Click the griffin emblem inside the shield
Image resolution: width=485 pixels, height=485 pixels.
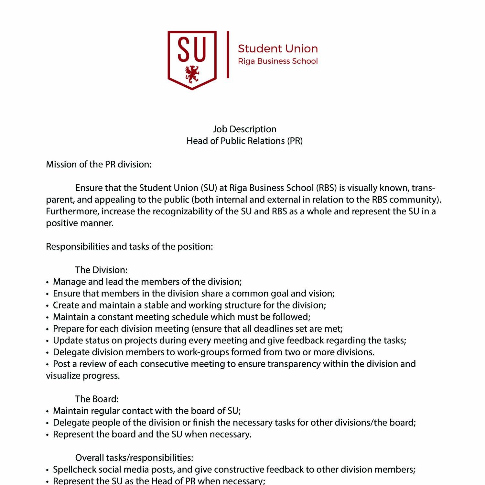click(192, 74)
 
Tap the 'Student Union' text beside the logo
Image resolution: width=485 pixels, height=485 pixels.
click(278, 49)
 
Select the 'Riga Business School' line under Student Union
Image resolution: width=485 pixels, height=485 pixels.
click(278, 61)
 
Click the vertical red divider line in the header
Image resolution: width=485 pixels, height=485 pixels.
click(228, 55)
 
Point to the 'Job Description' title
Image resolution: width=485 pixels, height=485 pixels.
click(244, 129)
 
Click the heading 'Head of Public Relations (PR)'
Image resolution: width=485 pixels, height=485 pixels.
click(244, 141)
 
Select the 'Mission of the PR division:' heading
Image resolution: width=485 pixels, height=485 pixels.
click(99, 164)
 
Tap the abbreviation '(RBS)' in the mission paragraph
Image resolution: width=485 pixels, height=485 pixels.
click(327, 188)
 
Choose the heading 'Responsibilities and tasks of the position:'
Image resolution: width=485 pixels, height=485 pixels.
click(129, 246)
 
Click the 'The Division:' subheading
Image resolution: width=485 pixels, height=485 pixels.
click(101, 270)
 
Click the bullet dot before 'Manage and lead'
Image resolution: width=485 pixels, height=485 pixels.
click(48, 282)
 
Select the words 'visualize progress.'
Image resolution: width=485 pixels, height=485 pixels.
click(83, 376)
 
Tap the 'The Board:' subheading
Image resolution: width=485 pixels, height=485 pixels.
click(97, 399)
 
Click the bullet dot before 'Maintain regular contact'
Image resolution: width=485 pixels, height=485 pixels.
click(48, 411)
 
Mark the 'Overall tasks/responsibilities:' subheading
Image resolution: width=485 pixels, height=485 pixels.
click(134, 458)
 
